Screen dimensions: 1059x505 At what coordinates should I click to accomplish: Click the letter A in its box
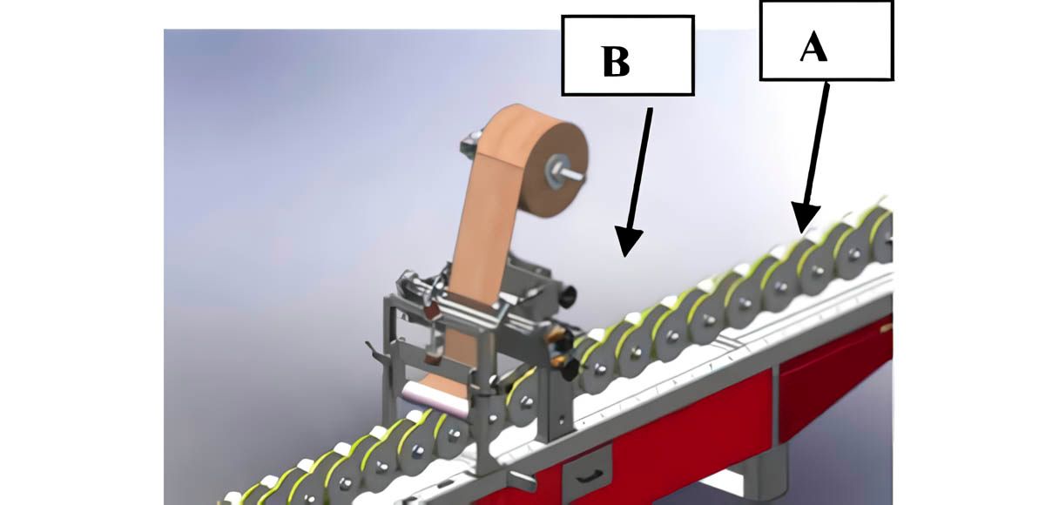(813, 47)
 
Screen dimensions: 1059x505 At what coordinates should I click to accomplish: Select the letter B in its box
(616, 62)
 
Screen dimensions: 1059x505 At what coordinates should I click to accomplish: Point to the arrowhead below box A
(805, 218)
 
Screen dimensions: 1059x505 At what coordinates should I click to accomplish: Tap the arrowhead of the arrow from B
(628, 241)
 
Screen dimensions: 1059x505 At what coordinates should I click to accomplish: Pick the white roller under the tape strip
(434, 398)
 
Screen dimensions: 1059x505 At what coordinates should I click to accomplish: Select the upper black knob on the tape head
(568, 295)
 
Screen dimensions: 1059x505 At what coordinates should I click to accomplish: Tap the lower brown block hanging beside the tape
(433, 356)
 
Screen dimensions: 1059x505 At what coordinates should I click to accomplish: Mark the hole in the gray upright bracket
(561, 420)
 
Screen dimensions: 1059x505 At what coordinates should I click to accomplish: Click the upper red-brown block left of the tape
(432, 311)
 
